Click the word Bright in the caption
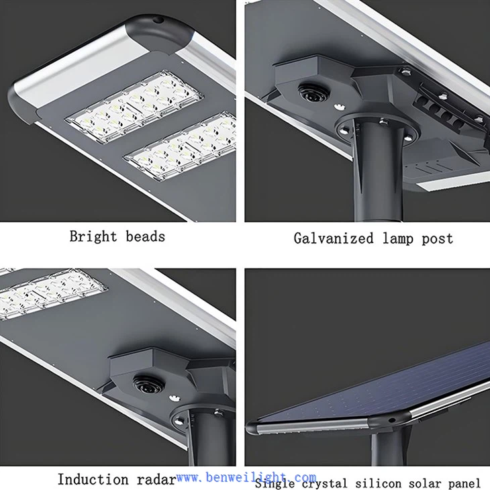click(92, 236)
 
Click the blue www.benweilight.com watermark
click(246, 477)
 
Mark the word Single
click(273, 483)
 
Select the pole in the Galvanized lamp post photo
click(379, 175)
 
